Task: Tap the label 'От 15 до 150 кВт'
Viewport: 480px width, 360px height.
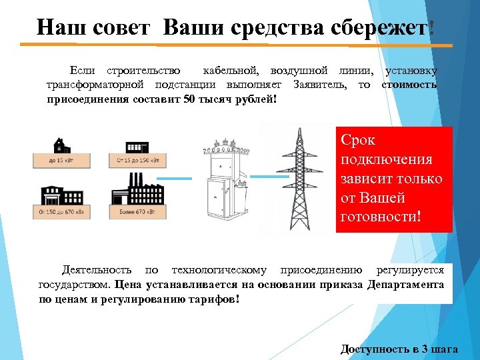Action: (x=137, y=160)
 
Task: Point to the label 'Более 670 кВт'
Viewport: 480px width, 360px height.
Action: (x=137, y=212)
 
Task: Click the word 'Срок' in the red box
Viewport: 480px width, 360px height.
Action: (x=358, y=141)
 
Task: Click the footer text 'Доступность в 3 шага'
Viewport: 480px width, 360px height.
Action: (x=399, y=349)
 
